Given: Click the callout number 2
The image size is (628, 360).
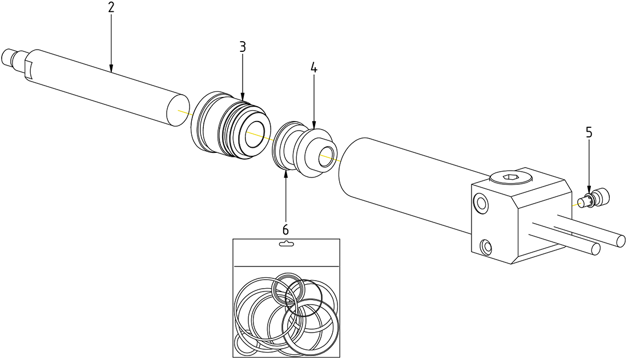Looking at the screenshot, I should [111, 7].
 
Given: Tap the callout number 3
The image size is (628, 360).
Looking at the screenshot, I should [243, 47].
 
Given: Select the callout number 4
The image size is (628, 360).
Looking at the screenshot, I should [314, 67].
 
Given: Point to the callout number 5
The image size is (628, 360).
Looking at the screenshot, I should [589, 132].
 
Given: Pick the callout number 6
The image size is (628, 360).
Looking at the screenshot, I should [285, 229].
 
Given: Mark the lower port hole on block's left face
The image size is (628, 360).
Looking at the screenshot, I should [486, 246].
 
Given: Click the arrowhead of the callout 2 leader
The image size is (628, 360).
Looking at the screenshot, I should [111, 69].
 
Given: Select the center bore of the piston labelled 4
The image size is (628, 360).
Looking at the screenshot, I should [325, 155].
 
